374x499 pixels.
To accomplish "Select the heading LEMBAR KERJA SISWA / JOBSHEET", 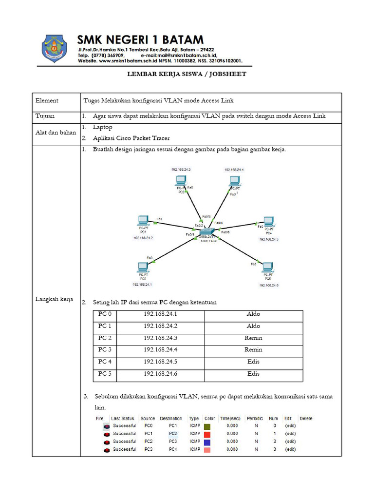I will coord(187,74).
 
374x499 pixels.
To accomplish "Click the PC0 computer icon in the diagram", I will coord(143,267).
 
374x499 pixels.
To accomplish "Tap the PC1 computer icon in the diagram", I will coord(143,220).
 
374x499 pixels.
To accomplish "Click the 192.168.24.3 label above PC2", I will coord(181,170).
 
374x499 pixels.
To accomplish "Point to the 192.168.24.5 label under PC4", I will coord(269,239).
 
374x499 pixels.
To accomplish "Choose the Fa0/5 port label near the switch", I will coord(225,232).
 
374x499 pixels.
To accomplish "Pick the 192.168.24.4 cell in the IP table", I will coord(160,349).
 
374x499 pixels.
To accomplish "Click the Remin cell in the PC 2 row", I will coord(253,338).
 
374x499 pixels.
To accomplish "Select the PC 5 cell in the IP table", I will coord(105,374).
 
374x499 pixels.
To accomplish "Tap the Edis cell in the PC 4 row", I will coord(253,362).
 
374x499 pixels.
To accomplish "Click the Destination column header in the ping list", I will coord(170,418).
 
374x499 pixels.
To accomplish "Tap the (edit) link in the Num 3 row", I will coord(290,449).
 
